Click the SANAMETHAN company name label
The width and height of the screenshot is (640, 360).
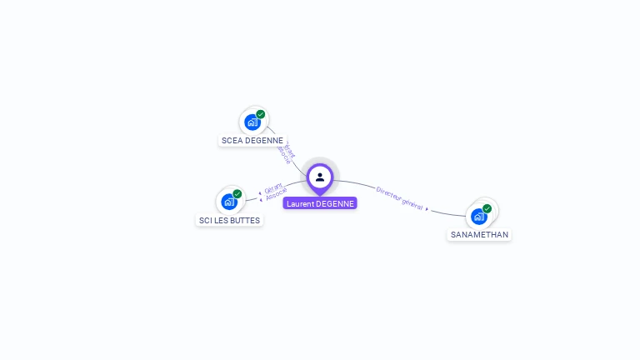pyautogui.click(x=479, y=235)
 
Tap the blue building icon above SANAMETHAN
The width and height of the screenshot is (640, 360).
pyautogui.click(x=478, y=217)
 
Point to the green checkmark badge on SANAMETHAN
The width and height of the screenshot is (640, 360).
pyautogui.click(x=487, y=208)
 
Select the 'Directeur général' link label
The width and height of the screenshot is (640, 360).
pyautogui.click(x=399, y=197)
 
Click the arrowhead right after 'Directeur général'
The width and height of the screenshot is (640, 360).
pyautogui.click(x=427, y=208)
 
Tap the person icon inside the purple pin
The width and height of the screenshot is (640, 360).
pyautogui.click(x=320, y=177)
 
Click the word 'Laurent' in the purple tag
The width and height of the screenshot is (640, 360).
pyautogui.click(x=301, y=203)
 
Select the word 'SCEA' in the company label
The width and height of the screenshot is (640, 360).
pyautogui.click(x=231, y=141)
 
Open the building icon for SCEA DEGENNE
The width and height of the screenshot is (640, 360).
pyautogui.click(x=252, y=122)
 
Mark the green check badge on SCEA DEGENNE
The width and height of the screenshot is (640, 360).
pyautogui.click(x=261, y=114)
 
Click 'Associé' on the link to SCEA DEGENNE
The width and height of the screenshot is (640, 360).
pyautogui.click(x=284, y=156)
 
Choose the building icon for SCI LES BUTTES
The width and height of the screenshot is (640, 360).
pyautogui.click(x=228, y=202)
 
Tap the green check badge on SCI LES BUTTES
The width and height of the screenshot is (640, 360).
pyautogui.click(x=237, y=193)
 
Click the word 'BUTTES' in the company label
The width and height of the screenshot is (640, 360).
pyautogui.click(x=245, y=221)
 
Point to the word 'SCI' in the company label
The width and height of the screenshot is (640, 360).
pyautogui.click(x=205, y=221)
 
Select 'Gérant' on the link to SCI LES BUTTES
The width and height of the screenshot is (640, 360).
pyautogui.click(x=273, y=187)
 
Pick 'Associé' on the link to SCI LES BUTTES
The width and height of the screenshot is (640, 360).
pyautogui.click(x=277, y=195)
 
